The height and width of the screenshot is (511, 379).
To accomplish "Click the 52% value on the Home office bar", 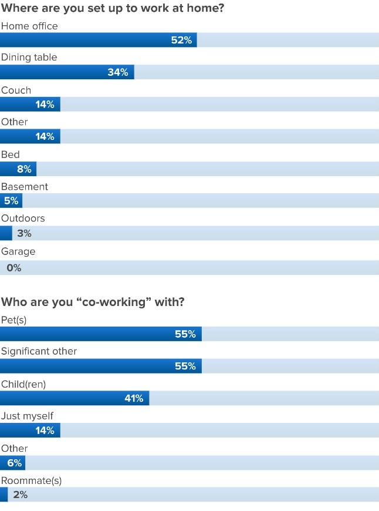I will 181,41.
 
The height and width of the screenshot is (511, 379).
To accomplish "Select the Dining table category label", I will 29,58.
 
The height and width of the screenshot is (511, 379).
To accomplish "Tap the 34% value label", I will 118,72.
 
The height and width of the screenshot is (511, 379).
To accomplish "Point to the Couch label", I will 16,90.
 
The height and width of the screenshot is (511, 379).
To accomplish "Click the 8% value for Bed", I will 24,169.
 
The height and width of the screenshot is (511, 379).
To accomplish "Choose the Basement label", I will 25,186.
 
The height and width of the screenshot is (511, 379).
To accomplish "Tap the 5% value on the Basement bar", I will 11,201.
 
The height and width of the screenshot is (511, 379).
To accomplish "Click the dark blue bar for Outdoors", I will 6,233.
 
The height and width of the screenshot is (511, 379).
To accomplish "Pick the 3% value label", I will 24,233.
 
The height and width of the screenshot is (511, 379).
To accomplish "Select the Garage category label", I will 18,251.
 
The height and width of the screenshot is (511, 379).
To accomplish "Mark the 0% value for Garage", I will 14,268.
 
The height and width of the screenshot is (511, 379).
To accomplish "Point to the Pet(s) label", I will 14,320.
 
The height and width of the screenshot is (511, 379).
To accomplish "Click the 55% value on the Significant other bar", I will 185,366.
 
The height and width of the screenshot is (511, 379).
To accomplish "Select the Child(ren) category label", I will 23,384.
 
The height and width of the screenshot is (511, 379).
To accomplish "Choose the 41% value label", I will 134,398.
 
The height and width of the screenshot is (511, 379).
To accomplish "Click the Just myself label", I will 27,416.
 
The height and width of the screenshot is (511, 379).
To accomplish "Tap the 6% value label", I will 15,463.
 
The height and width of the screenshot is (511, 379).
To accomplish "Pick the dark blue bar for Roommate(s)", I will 4,495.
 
